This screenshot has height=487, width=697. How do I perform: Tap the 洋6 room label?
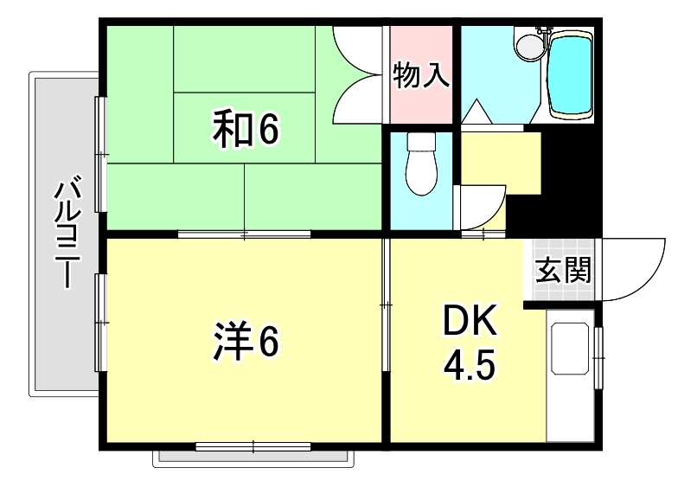pyautogui.click(x=246, y=341)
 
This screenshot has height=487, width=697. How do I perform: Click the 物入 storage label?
pyautogui.click(x=421, y=76)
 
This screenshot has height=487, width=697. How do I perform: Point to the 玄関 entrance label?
pyautogui.click(x=563, y=271)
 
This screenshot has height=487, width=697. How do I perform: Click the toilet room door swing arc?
pyautogui.click(x=481, y=208)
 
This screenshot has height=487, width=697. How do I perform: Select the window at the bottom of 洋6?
pyautogui.click(x=253, y=446)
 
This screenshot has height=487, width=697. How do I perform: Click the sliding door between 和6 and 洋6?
pyautogui.click(x=245, y=234)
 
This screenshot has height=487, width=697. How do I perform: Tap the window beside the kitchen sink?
pyautogui.click(x=599, y=354)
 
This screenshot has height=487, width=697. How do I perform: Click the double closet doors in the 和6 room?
pyautogui.click(x=358, y=74)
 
